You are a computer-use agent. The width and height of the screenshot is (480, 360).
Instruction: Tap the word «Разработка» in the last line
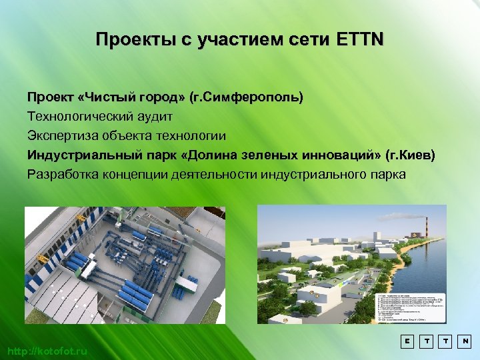63,175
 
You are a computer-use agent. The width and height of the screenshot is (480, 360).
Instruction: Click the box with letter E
406,341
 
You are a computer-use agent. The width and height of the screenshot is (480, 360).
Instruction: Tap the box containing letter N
464,341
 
